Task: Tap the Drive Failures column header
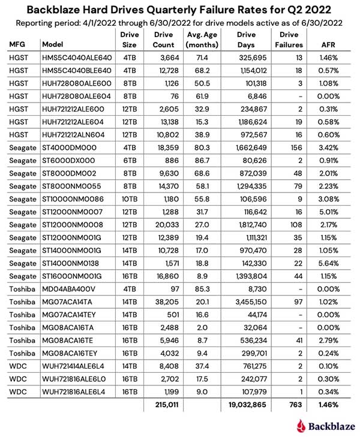(x=289, y=40)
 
